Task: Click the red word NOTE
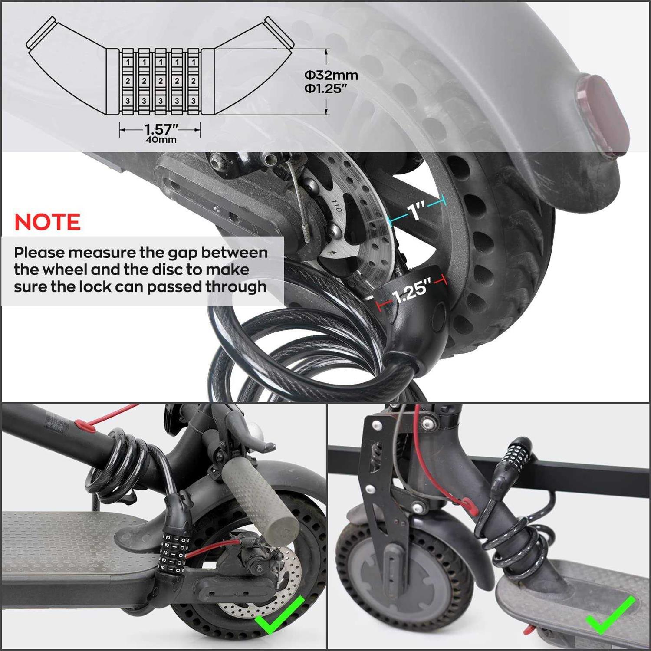[47, 222]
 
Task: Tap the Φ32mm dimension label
[331, 75]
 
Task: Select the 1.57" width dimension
[161, 129]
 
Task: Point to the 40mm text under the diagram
[161, 140]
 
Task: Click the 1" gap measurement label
[417, 211]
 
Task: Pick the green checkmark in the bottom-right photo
[611, 615]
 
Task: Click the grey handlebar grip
[260, 499]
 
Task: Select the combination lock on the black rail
[516, 460]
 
